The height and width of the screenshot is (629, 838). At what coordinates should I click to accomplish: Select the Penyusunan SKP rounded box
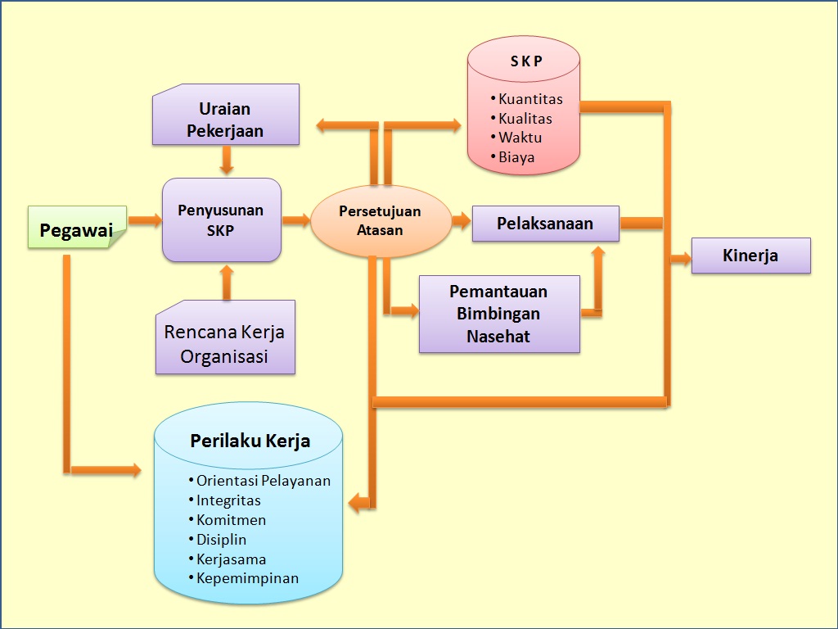click(x=221, y=220)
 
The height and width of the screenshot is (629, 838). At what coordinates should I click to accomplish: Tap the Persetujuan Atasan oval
click(x=381, y=221)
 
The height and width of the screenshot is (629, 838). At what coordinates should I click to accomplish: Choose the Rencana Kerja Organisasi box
click(x=225, y=344)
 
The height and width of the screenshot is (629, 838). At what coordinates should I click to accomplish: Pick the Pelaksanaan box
click(x=545, y=224)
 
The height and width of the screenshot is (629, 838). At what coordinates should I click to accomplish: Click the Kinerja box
click(x=750, y=256)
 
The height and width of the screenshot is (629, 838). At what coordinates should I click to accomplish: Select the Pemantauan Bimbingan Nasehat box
click(x=499, y=314)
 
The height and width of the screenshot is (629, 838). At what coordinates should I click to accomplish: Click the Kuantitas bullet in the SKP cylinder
click(x=530, y=99)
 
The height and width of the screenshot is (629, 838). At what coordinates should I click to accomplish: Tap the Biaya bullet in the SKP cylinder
click(x=516, y=157)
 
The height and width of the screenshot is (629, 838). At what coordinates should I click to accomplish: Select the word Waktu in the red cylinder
click(x=520, y=138)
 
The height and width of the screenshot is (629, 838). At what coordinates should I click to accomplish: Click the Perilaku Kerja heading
click(x=250, y=441)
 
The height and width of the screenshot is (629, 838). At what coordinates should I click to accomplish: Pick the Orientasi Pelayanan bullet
click(x=263, y=481)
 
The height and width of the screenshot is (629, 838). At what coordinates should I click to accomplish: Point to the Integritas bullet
click(x=228, y=500)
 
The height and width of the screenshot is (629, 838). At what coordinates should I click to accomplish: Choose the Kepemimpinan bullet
click(x=247, y=578)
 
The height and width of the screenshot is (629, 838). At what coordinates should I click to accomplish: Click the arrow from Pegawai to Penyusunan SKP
click(x=145, y=220)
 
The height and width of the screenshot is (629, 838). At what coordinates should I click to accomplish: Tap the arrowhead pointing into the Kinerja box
click(x=683, y=259)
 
